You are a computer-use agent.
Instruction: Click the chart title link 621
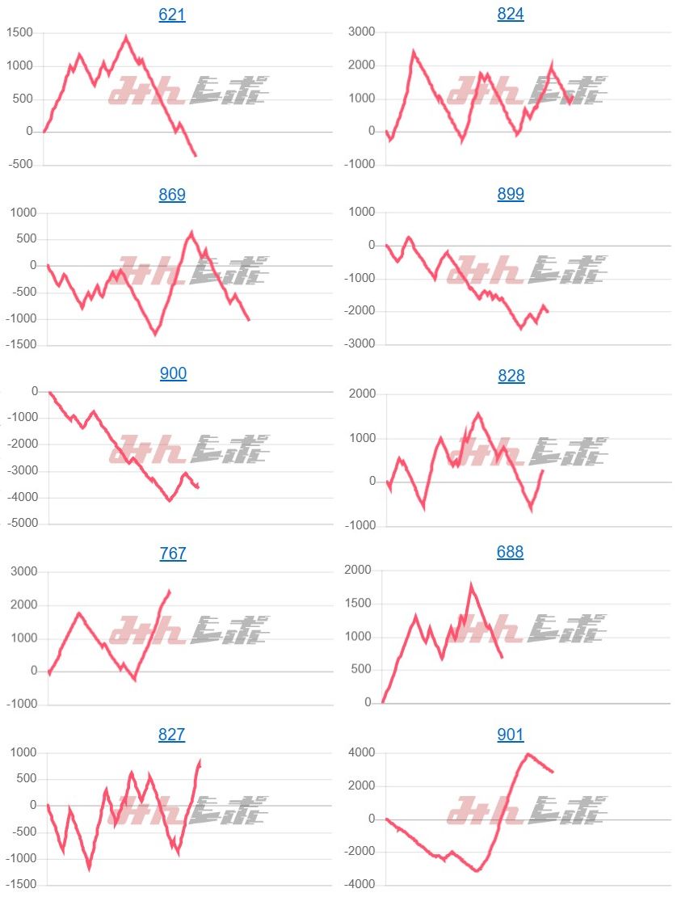coord(172,15)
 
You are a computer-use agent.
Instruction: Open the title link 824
coord(511,15)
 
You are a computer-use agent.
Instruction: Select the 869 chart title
coord(172,195)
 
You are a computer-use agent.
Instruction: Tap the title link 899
coord(511,195)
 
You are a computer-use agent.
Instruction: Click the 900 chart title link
coord(173,373)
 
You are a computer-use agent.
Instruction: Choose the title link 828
coord(511,376)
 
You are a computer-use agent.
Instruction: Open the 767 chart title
coord(173,554)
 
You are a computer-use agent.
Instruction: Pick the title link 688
coord(510,553)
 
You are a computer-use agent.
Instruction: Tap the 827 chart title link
coord(172,735)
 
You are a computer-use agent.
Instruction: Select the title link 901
coord(511,735)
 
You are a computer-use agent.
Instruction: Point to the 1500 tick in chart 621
coord(19,32)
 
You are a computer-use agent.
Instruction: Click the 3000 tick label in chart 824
coord(361,32)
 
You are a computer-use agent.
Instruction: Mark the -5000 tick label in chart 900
coord(21,524)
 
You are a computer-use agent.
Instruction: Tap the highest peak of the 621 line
coord(126,36)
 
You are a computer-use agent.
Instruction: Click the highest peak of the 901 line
coord(528,754)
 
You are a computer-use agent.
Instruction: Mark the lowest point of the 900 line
coord(169,501)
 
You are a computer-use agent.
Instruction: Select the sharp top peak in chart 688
coord(471,585)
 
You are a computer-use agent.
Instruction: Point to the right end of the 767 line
coord(169,591)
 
